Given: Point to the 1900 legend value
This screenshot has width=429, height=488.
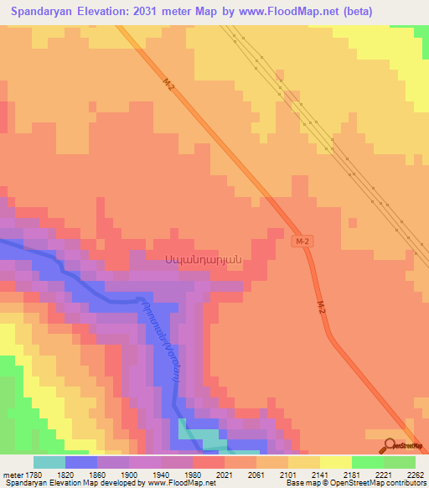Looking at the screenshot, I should (x=128, y=475).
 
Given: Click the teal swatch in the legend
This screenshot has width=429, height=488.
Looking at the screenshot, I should (x=49, y=462).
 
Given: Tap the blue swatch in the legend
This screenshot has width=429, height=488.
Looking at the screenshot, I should (x=81, y=462).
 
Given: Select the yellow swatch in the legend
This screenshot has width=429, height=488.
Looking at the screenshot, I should (x=336, y=462).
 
